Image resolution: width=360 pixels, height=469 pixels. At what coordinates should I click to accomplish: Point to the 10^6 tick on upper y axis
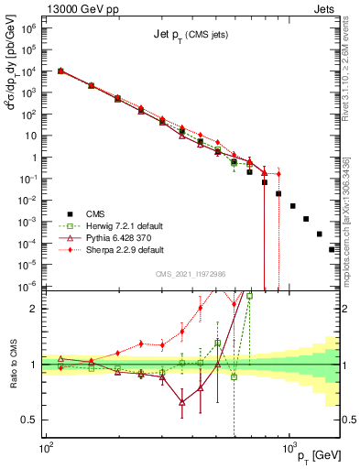coord(29,27)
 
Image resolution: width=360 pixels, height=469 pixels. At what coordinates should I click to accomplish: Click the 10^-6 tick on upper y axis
coord(29,286)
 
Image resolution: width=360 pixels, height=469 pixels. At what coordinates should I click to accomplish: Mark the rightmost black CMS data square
coord(332,249)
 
